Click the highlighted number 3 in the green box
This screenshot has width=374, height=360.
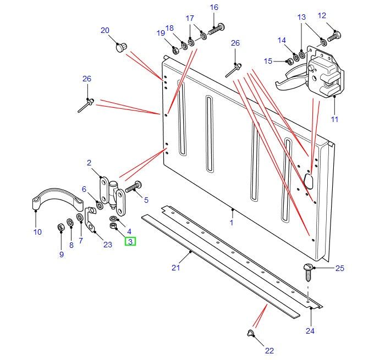[130, 241]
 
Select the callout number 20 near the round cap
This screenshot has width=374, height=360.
[105, 31]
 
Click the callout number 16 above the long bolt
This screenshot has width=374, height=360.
[214, 7]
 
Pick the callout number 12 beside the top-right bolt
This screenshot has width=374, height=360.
[337, 16]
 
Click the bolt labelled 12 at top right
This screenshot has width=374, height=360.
[334, 37]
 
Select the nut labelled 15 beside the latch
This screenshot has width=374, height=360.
[287, 60]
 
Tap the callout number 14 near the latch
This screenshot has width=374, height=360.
[282, 40]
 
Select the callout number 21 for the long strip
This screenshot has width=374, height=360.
[175, 268]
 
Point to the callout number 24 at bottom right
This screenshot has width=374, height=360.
[310, 331]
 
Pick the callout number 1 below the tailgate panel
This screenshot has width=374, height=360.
[232, 223]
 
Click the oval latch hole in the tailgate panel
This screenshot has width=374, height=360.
[309, 181]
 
